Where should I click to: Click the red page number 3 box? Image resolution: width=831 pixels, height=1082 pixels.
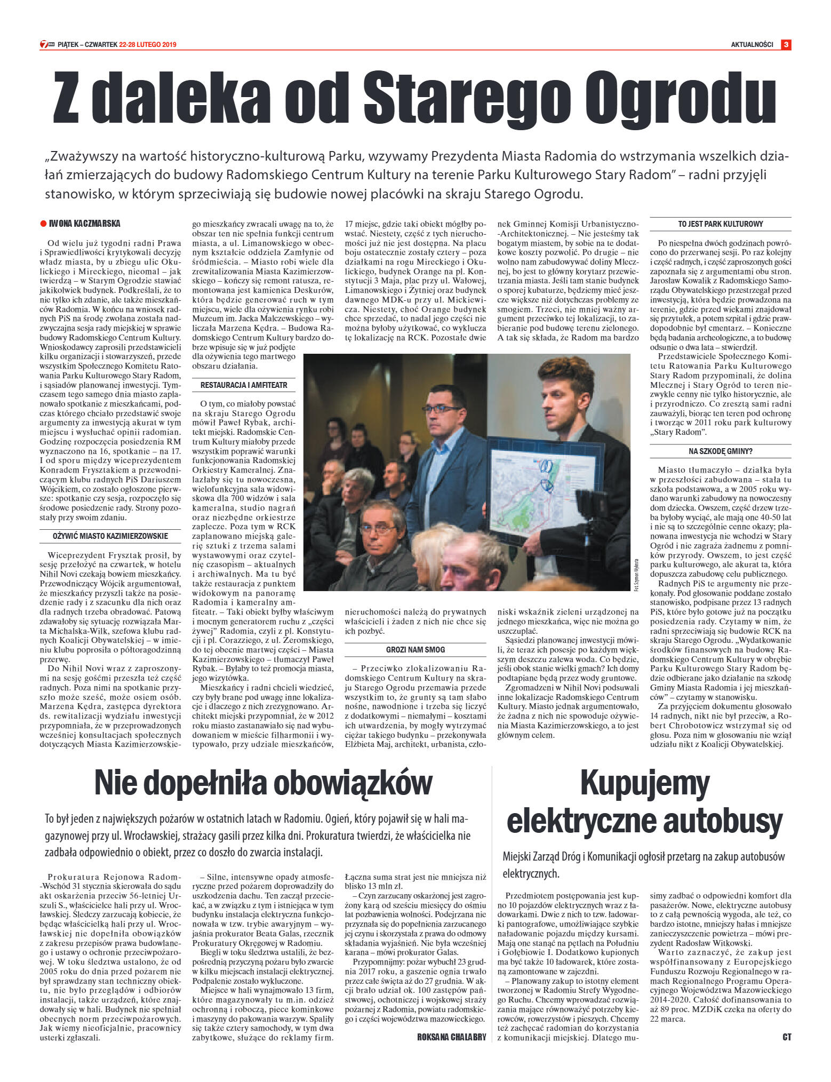786,45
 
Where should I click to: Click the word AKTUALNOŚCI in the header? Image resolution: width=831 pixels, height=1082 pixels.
752,45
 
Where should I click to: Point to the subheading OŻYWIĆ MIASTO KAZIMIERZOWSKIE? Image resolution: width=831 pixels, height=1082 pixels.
110,536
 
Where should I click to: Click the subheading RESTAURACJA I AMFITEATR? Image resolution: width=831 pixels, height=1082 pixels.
244,385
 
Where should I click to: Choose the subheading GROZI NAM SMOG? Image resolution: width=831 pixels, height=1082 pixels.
415,650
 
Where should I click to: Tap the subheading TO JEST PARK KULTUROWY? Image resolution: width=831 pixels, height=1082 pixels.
720,224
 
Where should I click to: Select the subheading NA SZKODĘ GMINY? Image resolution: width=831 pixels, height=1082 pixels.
720,451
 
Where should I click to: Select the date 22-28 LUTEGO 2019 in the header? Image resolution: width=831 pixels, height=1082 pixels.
148,45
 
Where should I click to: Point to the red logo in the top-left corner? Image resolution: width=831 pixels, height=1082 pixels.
46,45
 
